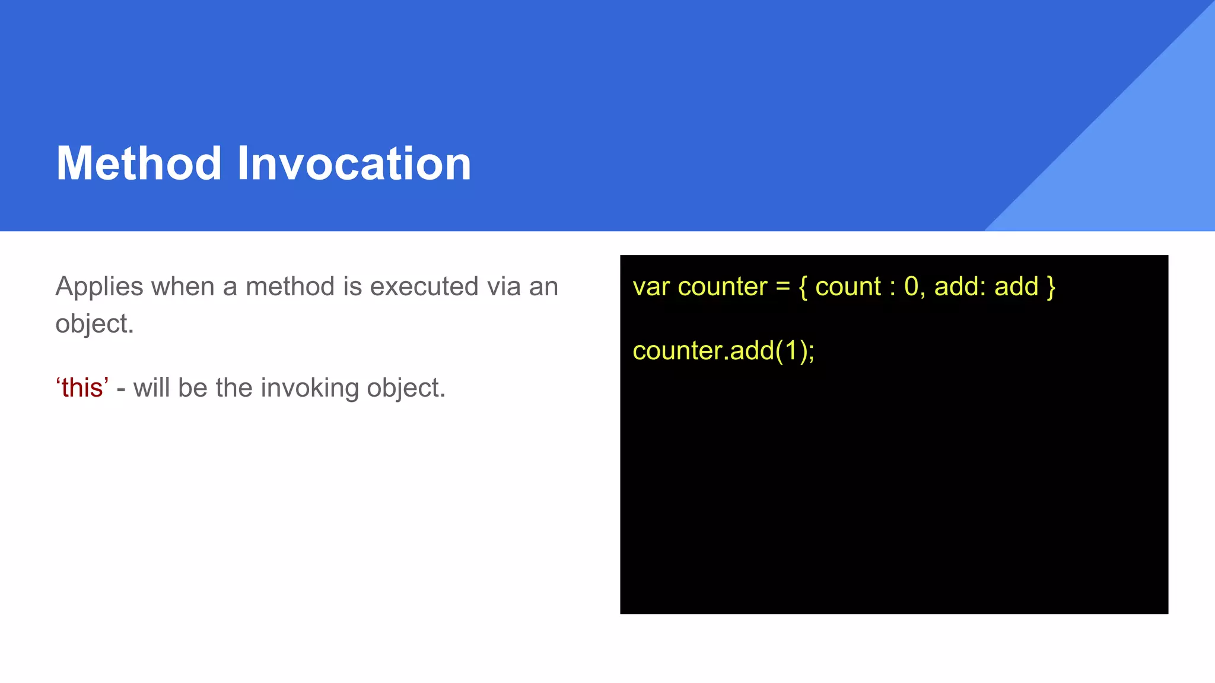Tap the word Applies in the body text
(99, 287)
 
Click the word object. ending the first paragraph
(94, 324)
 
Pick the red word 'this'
(82, 388)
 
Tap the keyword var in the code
(651, 287)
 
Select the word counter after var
(722, 287)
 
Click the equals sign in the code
(783, 287)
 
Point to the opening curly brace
(803, 287)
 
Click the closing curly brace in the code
(1051, 287)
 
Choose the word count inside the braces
(848, 287)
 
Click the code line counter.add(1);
(723, 351)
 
